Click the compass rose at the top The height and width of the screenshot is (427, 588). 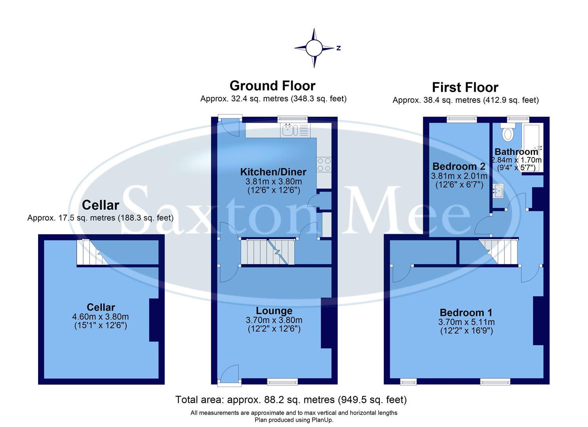[314, 48]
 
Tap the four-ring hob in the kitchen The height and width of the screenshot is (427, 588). [323, 164]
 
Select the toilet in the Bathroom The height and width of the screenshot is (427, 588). [507, 133]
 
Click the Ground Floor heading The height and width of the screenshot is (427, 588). [272, 85]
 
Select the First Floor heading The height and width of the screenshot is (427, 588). [465, 87]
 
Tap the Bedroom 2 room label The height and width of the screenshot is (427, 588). [459, 166]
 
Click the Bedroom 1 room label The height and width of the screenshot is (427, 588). [466, 312]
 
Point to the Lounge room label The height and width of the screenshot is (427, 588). [274, 311]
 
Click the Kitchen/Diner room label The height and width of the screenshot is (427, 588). [273, 172]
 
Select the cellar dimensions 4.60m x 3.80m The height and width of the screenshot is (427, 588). [101, 317]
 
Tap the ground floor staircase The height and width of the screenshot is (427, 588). [267, 252]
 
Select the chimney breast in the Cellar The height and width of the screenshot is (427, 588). [154, 320]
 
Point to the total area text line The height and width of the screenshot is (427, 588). [291, 400]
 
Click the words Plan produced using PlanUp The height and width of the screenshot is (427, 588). [294, 420]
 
